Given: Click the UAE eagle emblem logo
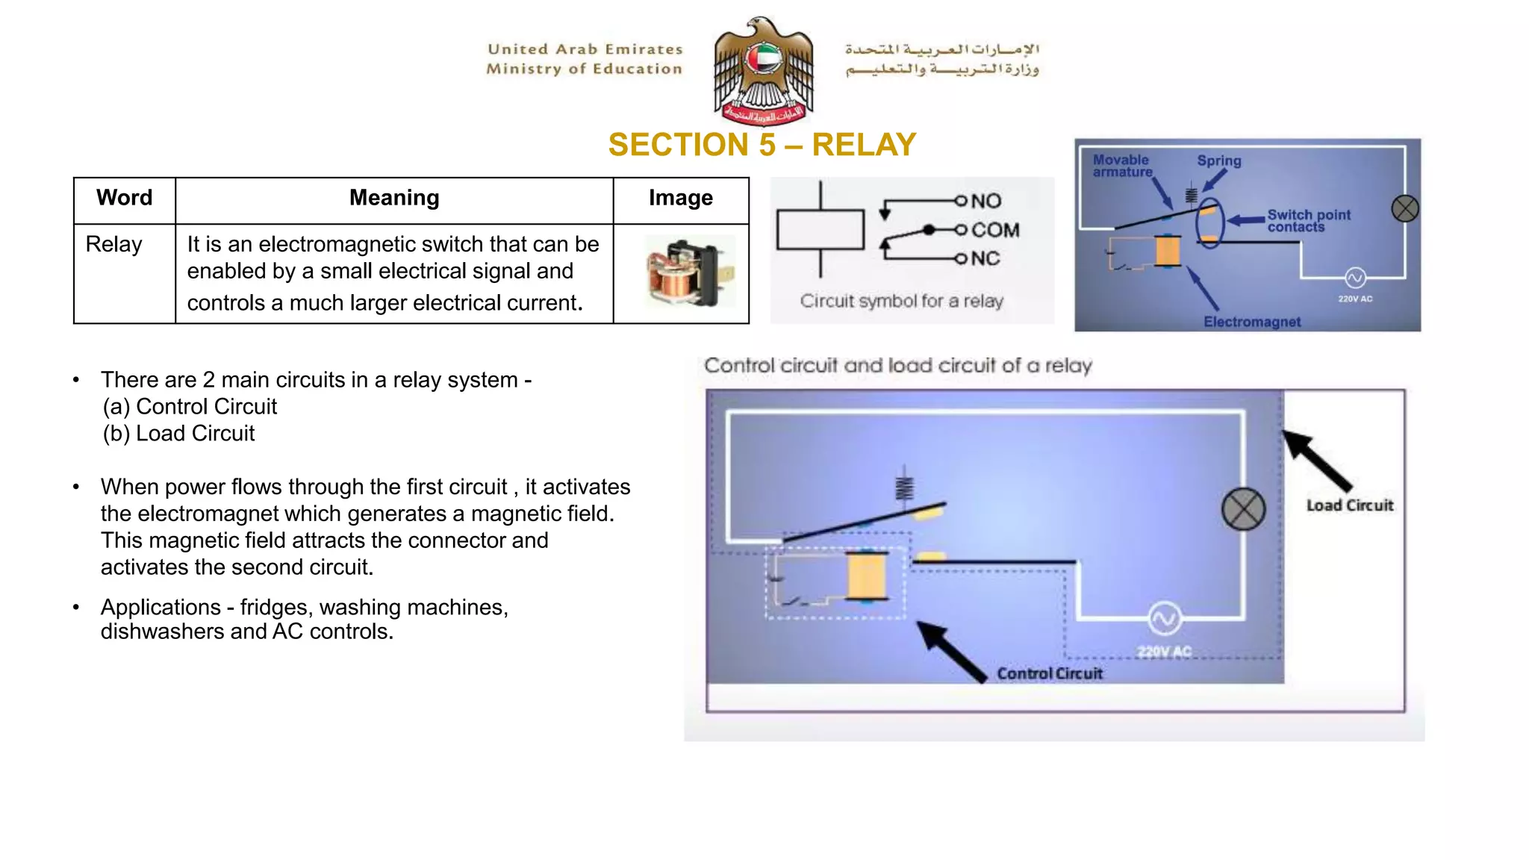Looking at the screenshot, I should point(763,71).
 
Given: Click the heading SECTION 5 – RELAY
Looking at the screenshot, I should point(762,145).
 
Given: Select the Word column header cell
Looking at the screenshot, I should point(124,198).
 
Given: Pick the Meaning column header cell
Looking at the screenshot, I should point(394,198).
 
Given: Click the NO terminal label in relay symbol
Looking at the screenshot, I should point(986,201).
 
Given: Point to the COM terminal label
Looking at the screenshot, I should point(994,230).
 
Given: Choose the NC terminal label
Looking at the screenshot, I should point(985,258).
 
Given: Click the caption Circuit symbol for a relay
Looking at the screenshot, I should point(901,301).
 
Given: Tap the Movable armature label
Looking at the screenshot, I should point(1121,166).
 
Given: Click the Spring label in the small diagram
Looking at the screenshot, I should point(1218,161).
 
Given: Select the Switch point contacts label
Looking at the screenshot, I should point(1308,221).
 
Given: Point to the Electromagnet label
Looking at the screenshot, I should point(1251,322).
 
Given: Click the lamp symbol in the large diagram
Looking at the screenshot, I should point(1243,509).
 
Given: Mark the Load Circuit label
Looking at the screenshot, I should point(1349,505).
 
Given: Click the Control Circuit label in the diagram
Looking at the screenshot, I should point(1049,673).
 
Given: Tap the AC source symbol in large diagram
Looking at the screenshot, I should point(1164,618).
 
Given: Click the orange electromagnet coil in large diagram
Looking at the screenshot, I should point(867,575).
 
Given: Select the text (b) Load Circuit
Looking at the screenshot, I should point(179,434).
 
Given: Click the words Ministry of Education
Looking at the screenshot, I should point(584,69).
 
